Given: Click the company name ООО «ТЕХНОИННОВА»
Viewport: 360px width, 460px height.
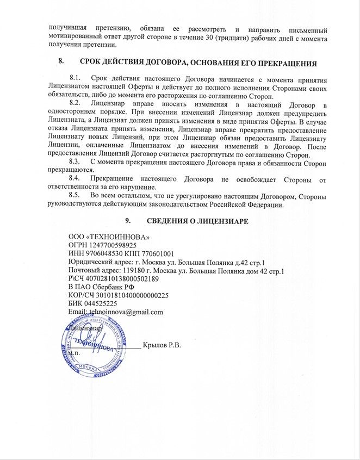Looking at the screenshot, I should tap(109, 237).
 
